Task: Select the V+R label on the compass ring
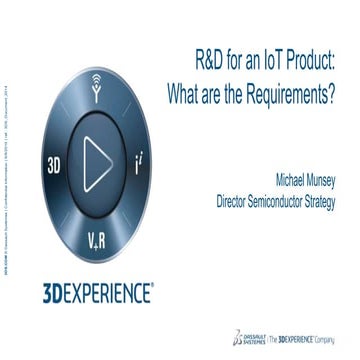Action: tap(99, 209)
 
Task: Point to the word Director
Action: tap(237, 200)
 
